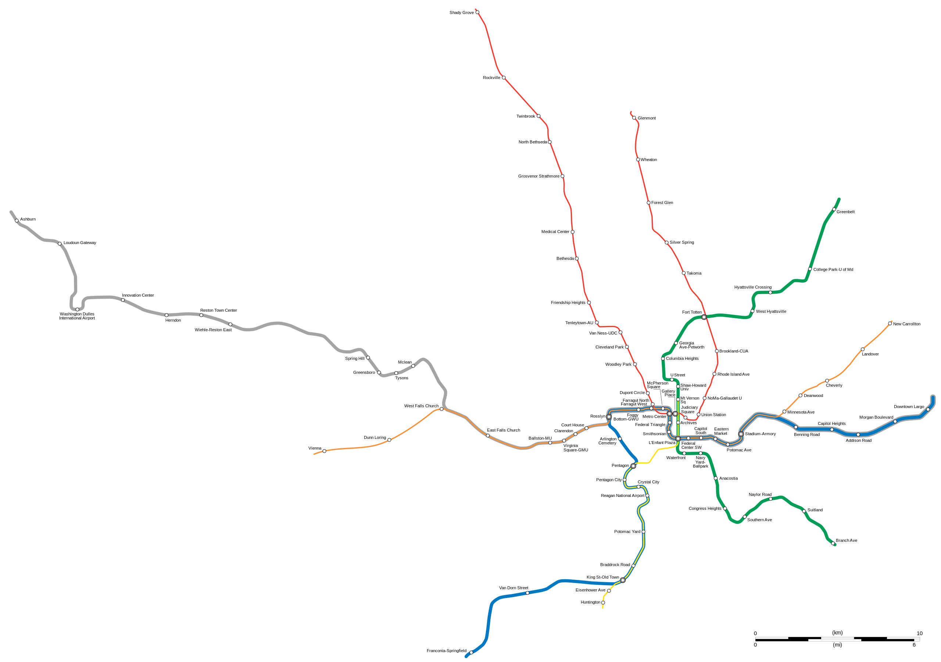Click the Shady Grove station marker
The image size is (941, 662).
pyautogui.click(x=477, y=12)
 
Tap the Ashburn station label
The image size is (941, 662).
pyautogui.click(x=28, y=219)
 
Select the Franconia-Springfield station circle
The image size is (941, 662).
pyautogui.click(x=471, y=652)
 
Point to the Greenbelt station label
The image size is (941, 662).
pyautogui.click(x=845, y=212)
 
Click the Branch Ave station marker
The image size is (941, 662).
pyautogui.click(x=833, y=544)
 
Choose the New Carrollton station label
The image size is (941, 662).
pyautogui.click(x=906, y=324)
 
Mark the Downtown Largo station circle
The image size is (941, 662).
pyautogui.click(x=928, y=409)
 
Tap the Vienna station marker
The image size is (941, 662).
pyautogui.click(x=324, y=451)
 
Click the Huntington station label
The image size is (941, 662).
pyautogui.click(x=590, y=602)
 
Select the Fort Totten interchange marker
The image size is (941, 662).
pyautogui.click(x=704, y=317)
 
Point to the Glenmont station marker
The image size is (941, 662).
pyautogui.click(x=634, y=118)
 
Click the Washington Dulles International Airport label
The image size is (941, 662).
pyautogui.click(x=77, y=316)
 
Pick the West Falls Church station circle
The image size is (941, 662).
pyautogui.click(x=441, y=409)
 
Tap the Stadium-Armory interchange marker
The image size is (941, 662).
pyautogui.click(x=741, y=434)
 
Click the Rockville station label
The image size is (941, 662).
pyautogui.click(x=491, y=78)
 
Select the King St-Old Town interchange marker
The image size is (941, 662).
pyautogui.click(x=623, y=580)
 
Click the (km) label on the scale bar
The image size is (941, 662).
pyautogui.click(x=837, y=633)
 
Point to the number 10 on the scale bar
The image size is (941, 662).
pyautogui.click(x=920, y=633)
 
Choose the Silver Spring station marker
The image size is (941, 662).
pyautogui.click(x=666, y=243)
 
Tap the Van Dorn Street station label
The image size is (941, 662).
pyautogui.click(x=514, y=588)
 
